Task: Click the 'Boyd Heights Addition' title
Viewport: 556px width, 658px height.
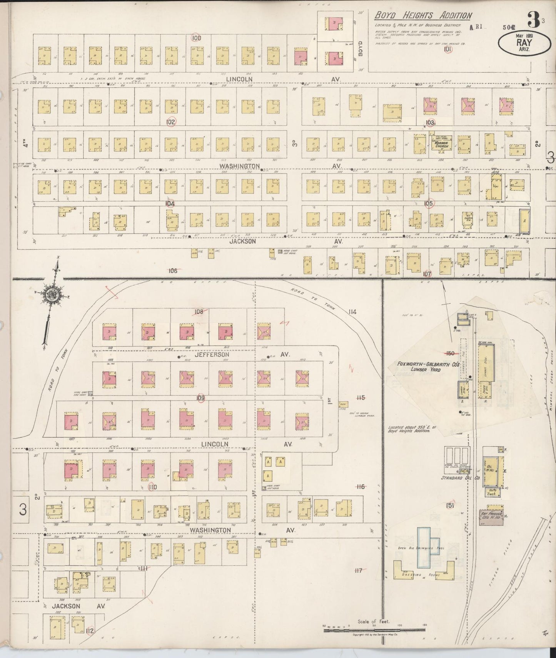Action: (x=423, y=15)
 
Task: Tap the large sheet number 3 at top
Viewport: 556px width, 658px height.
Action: (x=533, y=18)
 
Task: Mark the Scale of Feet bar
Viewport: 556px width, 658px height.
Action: (x=373, y=630)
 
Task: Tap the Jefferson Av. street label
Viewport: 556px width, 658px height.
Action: (x=212, y=354)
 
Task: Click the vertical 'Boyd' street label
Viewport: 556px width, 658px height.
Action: (x=361, y=48)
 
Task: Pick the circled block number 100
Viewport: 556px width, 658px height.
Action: (x=196, y=38)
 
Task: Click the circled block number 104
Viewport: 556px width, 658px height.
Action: (x=170, y=203)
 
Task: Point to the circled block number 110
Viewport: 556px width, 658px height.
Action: (x=152, y=487)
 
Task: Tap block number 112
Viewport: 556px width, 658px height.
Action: (x=90, y=630)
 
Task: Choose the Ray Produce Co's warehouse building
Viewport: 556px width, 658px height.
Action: (x=491, y=514)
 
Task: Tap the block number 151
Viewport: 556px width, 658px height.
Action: (x=450, y=505)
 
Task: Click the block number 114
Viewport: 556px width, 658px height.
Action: (x=352, y=311)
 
